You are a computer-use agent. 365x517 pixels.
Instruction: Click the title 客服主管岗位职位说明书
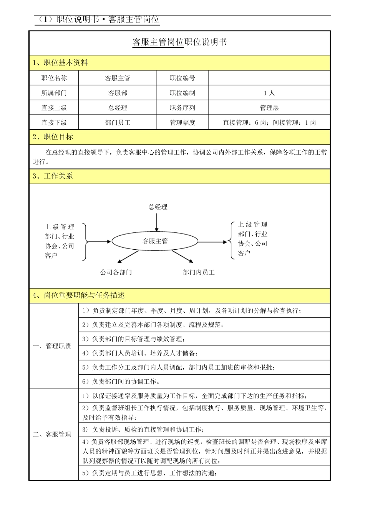(179, 42)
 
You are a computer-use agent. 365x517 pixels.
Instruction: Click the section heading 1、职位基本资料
(60, 63)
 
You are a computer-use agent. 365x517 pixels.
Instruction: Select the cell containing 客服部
(118, 93)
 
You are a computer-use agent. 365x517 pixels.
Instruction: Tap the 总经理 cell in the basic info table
(118, 108)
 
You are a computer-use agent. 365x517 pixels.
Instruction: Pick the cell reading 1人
(269, 93)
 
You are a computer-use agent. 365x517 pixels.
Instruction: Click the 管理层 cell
(269, 108)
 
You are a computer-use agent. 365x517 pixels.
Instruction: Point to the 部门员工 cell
(118, 123)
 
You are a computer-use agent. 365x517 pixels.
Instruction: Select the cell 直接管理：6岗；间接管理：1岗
(269, 123)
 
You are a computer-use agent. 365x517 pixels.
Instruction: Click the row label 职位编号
(182, 78)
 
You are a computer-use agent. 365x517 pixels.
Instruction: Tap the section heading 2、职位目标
(53, 137)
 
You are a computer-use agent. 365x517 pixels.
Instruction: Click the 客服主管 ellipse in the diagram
(155, 241)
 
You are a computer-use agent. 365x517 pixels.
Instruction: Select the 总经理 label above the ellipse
(158, 207)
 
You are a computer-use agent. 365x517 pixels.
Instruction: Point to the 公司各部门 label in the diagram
(116, 272)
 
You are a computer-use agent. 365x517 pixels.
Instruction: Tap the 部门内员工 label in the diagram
(199, 272)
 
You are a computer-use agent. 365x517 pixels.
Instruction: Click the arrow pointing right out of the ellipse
(212, 242)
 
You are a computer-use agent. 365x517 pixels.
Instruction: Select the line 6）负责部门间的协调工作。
(121, 382)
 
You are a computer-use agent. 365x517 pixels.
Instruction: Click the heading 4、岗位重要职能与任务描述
(79, 295)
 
